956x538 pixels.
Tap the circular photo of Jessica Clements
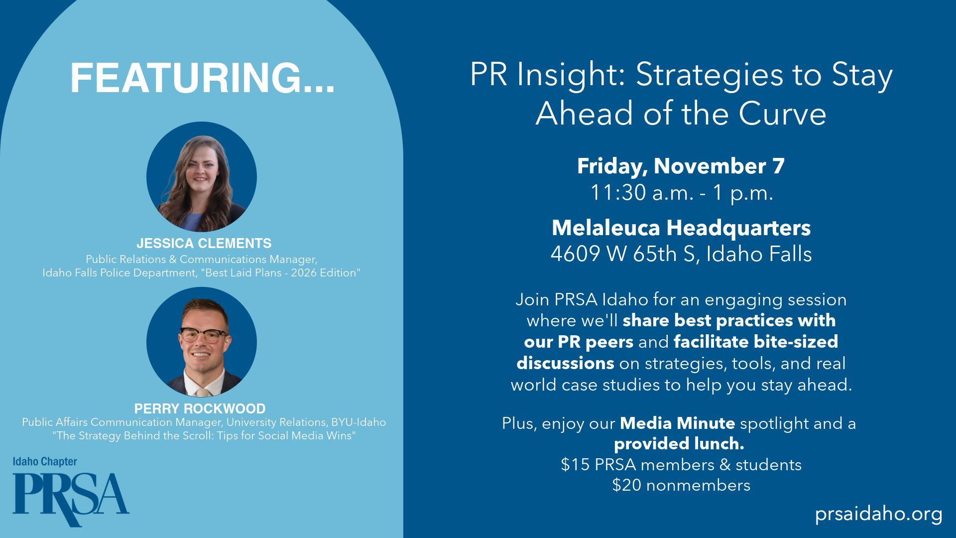202,177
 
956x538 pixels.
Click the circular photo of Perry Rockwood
202,342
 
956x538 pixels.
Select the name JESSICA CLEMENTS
204,244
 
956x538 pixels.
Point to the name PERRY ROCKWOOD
200,408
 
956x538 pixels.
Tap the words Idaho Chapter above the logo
45,462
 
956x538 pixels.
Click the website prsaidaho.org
878,514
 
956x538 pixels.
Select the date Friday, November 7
681,166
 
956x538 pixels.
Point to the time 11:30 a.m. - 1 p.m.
681,193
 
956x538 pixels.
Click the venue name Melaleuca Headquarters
681,228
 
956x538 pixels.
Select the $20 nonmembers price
681,485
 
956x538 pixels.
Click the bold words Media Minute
677,423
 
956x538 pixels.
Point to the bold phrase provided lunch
679,444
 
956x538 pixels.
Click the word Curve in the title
782,114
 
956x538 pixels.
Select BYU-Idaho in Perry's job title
358,422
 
